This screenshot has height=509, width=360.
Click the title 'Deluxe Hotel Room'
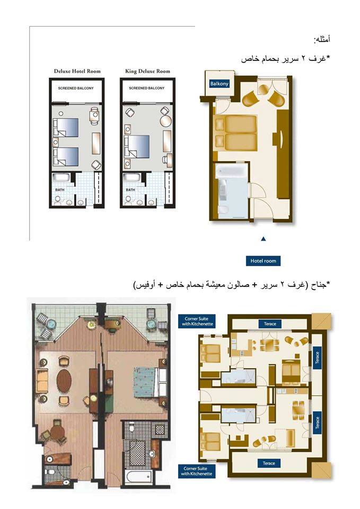point(77,71)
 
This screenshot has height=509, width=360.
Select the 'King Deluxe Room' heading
point(148,71)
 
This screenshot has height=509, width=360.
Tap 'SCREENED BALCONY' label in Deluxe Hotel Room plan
point(76,89)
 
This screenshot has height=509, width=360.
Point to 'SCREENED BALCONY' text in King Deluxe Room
point(147,88)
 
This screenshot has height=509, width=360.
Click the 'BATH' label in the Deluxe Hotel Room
point(60,190)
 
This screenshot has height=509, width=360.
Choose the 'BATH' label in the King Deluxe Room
point(130,190)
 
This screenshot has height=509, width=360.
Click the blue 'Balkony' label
point(219,84)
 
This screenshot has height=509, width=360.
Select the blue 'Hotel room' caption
point(264,261)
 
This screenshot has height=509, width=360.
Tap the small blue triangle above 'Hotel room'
point(264,239)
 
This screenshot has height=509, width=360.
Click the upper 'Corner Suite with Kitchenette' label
point(197,321)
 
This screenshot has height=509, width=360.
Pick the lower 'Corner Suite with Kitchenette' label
point(197,471)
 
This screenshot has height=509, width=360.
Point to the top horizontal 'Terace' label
point(270,323)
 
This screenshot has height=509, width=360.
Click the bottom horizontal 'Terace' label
point(269,463)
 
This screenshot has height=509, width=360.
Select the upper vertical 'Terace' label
point(317,358)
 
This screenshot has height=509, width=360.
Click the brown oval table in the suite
point(64,381)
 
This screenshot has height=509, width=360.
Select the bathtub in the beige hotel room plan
point(232,171)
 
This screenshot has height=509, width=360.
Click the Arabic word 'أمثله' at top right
point(322,40)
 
